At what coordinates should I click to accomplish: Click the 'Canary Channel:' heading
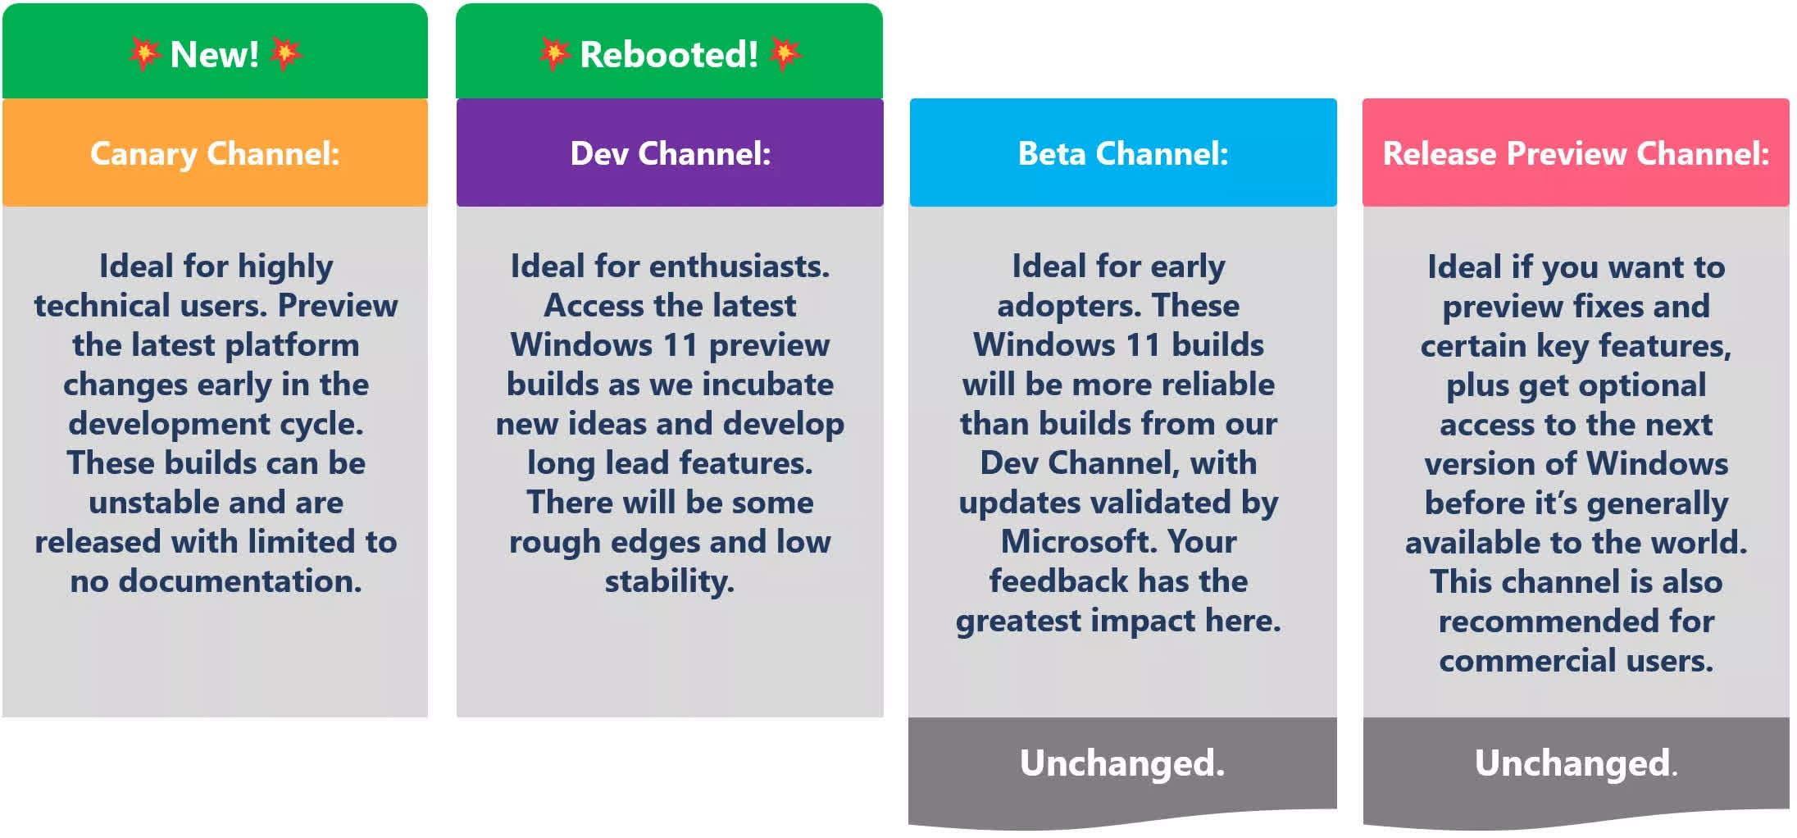[x=215, y=154]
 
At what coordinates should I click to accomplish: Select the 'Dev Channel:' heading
[x=671, y=153]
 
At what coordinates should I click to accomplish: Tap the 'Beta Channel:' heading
[x=1123, y=153]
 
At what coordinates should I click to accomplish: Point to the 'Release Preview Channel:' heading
[x=1576, y=153]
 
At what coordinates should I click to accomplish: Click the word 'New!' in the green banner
[x=215, y=55]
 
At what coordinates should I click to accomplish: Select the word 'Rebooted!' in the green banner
[x=669, y=55]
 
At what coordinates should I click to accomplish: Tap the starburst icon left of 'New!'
[x=144, y=54]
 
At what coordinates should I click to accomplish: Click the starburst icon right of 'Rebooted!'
[x=785, y=54]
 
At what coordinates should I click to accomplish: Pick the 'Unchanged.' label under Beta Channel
[x=1122, y=763]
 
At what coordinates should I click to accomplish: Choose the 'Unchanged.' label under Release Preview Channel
[x=1576, y=763]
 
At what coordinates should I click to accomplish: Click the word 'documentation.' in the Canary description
[x=240, y=581]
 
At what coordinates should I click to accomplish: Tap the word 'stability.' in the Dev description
[x=670, y=582]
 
